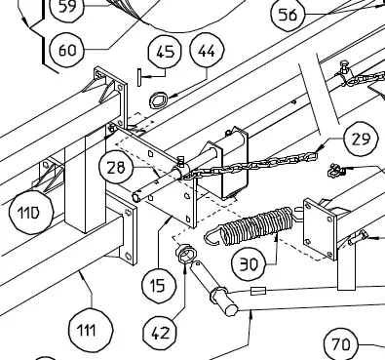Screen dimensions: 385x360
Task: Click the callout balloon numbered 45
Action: pyautogui.click(x=165, y=52)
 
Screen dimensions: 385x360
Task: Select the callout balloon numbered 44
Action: pyautogui.click(x=207, y=51)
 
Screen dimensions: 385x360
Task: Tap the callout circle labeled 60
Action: pyautogui.click(x=67, y=50)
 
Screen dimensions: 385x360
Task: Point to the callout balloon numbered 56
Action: pyautogui.click(x=288, y=15)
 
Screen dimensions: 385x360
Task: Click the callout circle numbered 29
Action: pyautogui.click(x=362, y=139)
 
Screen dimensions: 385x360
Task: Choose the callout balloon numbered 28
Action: pyautogui.click(x=116, y=167)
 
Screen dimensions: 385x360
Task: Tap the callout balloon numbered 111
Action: pyautogui.click(x=92, y=330)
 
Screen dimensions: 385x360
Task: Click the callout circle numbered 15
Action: pyautogui.click(x=159, y=286)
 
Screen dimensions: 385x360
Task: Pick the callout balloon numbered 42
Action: pyautogui.click(x=160, y=333)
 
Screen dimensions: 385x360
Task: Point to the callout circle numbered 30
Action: pyautogui.click(x=249, y=263)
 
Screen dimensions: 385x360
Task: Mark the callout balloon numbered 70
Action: pyautogui.click(x=341, y=343)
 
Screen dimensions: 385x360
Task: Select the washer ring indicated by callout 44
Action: pyautogui.click(x=158, y=100)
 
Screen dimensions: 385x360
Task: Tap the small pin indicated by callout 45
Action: pyautogui.click(x=139, y=77)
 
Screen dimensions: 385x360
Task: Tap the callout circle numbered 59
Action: pyautogui.click(x=67, y=7)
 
